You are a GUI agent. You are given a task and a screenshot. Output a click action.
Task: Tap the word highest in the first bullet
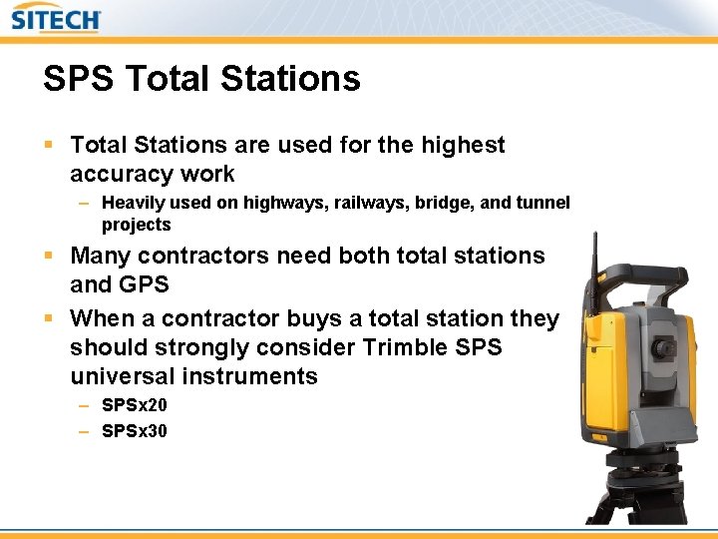(x=464, y=146)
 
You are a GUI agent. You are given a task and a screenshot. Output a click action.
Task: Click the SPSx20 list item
(x=135, y=405)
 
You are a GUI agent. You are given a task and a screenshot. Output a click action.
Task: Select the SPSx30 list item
(x=135, y=431)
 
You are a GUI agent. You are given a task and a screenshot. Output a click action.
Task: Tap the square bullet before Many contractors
(x=49, y=257)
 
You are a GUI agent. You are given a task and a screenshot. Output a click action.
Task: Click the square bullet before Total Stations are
(x=49, y=146)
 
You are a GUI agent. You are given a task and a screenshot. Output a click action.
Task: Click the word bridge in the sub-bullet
(x=445, y=203)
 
